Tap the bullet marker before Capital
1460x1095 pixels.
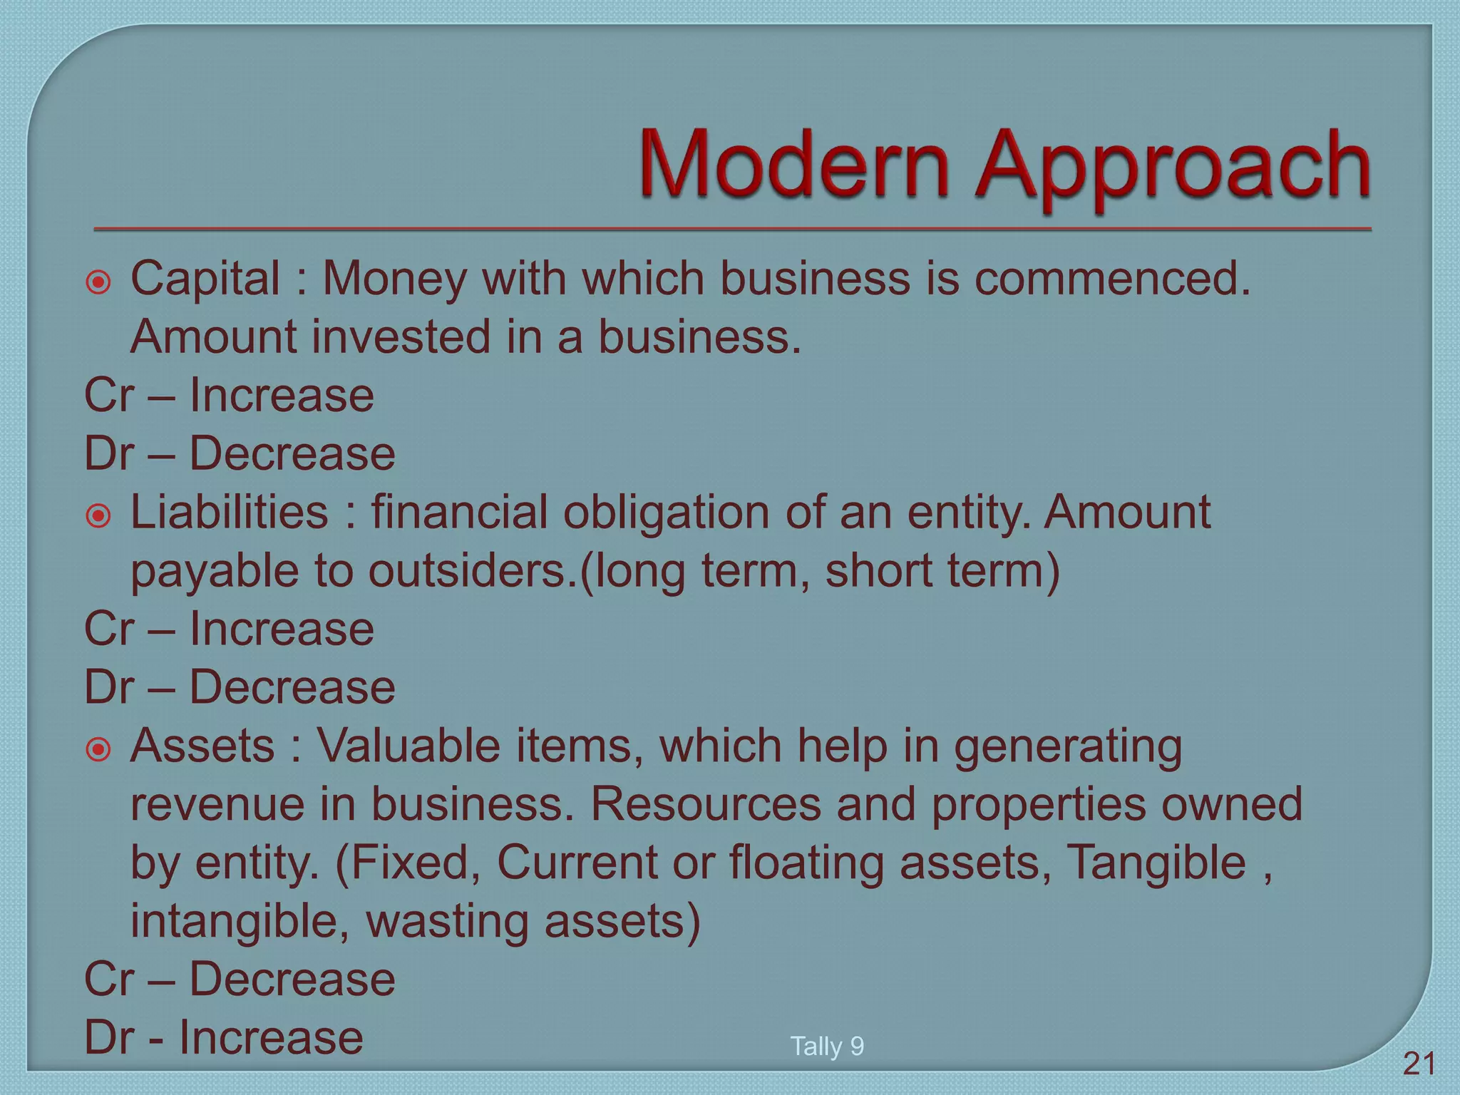pos(98,282)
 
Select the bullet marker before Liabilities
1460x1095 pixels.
pos(98,515)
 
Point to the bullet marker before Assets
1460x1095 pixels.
pos(98,749)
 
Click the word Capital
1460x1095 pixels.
pos(205,278)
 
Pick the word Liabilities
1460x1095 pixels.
pos(230,512)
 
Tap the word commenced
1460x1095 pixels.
pos(1112,278)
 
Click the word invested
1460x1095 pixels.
pos(401,336)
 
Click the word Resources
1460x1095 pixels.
pos(706,804)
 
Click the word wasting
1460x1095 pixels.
pos(447,921)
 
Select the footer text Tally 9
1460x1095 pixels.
pos(827,1046)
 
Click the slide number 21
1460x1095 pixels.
pos(1419,1064)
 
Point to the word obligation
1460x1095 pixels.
pos(667,512)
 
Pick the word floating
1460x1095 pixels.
pos(806,863)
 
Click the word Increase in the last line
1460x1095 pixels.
pos(271,1037)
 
